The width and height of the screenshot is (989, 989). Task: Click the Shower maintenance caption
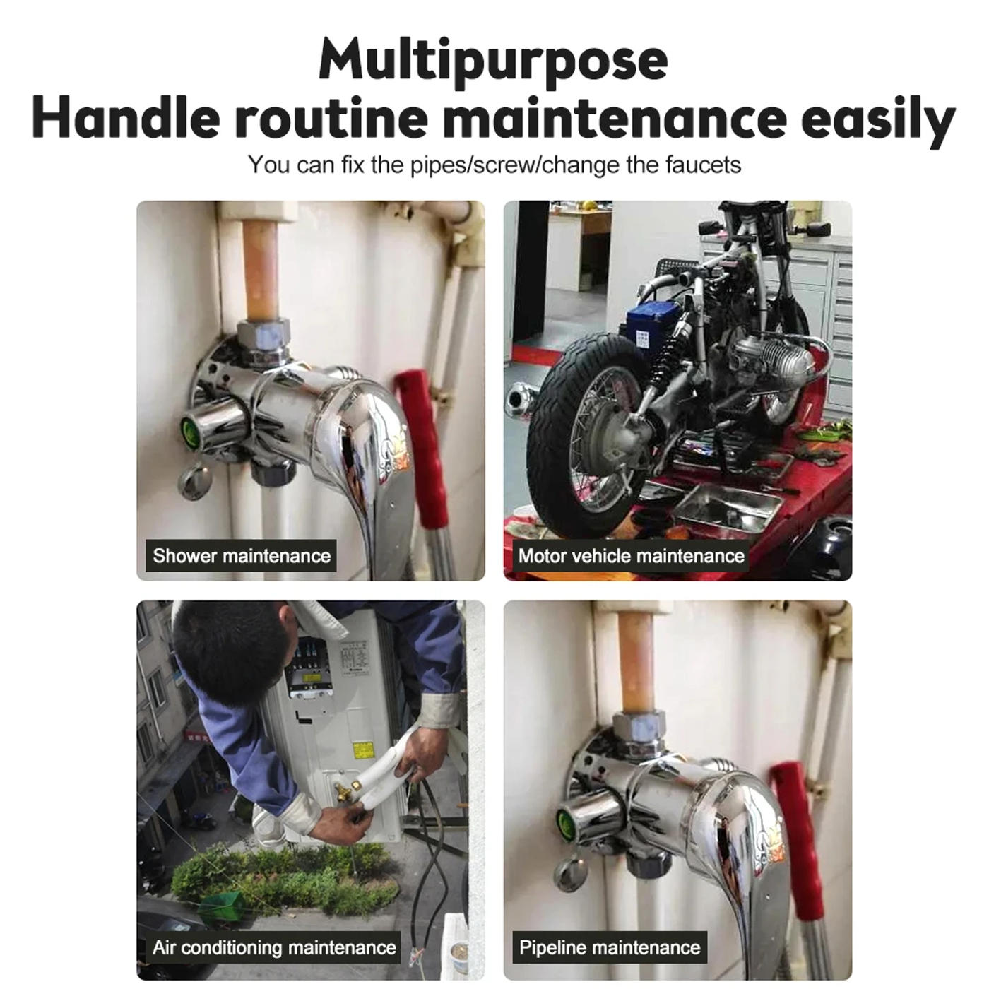(242, 556)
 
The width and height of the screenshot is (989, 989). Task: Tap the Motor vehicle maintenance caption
(632, 556)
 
